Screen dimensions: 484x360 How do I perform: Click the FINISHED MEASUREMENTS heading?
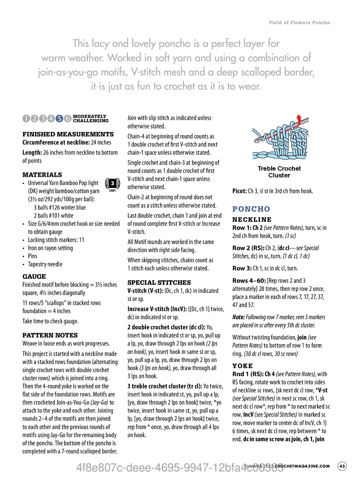click(x=68, y=134)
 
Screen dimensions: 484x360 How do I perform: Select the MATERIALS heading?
click(x=42, y=175)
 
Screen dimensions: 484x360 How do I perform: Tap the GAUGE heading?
click(x=34, y=277)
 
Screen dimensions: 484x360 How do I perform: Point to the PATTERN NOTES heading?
click(x=50, y=335)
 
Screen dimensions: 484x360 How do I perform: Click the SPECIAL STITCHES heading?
click(x=159, y=283)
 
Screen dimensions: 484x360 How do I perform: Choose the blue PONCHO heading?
click(x=251, y=209)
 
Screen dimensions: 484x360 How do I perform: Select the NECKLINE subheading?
click(x=252, y=220)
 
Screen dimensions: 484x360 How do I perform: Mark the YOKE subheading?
click(x=243, y=366)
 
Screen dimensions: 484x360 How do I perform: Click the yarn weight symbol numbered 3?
click(x=112, y=184)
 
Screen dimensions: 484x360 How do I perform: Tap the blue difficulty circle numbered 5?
click(x=59, y=119)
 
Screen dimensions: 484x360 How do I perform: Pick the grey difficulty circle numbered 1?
click(x=26, y=119)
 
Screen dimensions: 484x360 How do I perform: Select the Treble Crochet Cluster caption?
click(x=279, y=172)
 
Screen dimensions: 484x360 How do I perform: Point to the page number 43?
click(x=342, y=466)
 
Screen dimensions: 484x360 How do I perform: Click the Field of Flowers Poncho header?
click(x=299, y=22)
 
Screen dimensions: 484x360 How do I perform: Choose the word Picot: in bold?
click(x=240, y=191)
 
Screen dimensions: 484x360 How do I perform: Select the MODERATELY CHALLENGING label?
click(x=90, y=119)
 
